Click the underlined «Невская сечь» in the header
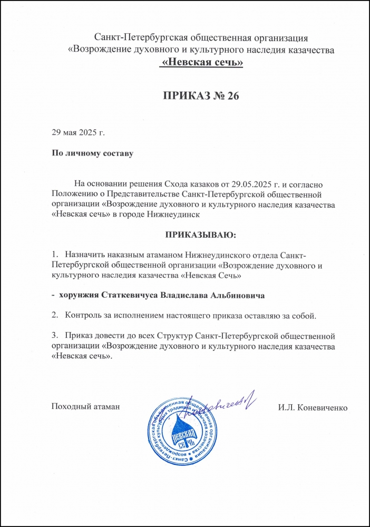pyautogui.click(x=201, y=62)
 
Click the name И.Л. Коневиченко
pyautogui.click(x=312, y=407)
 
